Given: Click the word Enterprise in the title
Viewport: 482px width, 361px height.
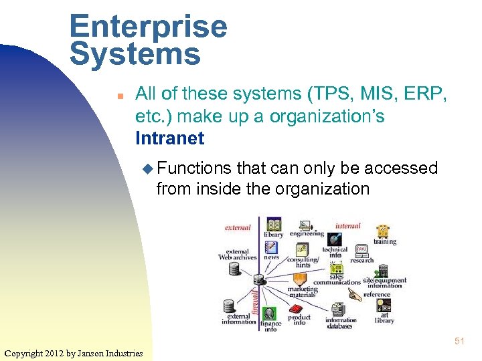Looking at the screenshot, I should click(148, 27).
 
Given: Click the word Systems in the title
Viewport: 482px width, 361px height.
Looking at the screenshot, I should click(135, 54).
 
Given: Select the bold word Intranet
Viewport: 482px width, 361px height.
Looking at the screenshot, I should click(170, 138).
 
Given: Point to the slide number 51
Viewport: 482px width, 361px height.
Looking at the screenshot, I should click(459, 341).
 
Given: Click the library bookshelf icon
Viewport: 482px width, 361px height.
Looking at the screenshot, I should click(273, 224).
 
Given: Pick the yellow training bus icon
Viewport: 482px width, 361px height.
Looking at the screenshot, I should click(383, 231).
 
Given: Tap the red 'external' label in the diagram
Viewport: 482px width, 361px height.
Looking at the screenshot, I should click(238, 227).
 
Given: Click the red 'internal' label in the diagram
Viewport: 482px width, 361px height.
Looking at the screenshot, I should click(347, 226).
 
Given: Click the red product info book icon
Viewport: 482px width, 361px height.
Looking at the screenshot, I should click(297, 309).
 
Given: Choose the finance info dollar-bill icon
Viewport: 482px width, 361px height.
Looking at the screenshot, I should click(270, 314).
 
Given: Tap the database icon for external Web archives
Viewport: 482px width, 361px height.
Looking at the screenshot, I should click(234, 268).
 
